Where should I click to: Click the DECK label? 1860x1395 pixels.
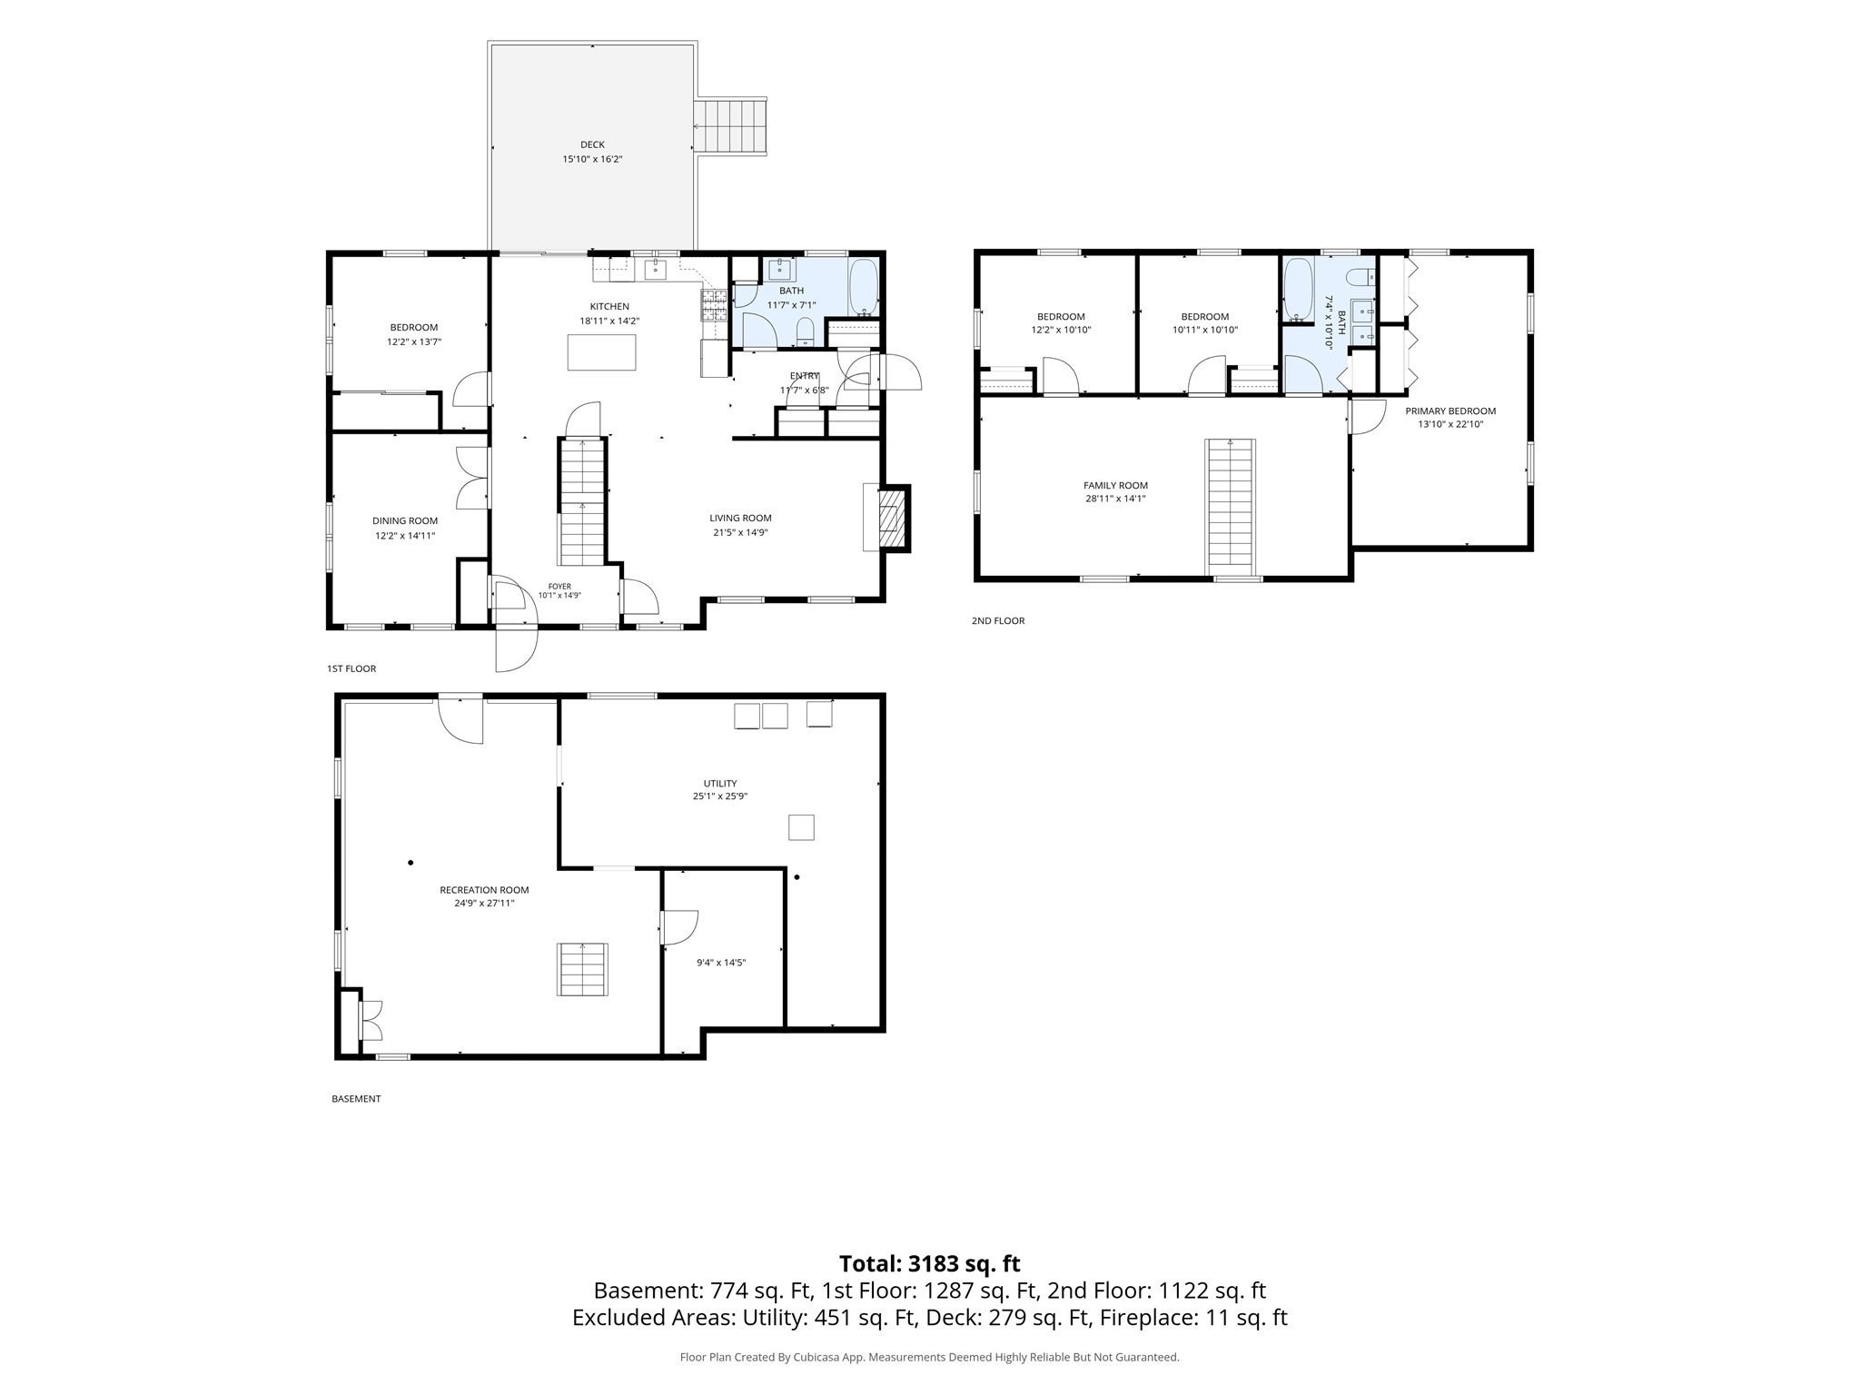tap(592, 144)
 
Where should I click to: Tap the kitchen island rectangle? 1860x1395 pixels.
tap(601, 352)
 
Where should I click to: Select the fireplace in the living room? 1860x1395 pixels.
tap(886, 519)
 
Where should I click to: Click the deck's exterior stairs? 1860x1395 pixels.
tap(731, 126)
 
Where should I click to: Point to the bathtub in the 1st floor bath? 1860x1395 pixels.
tap(863, 288)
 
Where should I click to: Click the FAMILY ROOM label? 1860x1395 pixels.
tap(1115, 486)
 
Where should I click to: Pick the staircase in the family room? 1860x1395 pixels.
tap(1231, 508)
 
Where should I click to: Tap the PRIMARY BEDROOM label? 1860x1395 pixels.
tap(1450, 411)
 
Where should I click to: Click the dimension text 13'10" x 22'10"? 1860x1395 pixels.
tap(1450, 424)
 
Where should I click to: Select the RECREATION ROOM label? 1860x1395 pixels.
tap(484, 890)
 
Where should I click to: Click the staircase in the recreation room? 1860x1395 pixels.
tap(582, 969)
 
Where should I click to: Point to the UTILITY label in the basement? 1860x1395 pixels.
tap(720, 783)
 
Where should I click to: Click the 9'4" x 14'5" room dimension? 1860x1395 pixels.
tap(721, 963)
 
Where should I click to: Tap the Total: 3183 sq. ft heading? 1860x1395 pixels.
tap(929, 1263)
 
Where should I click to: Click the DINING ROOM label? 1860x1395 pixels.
tap(405, 521)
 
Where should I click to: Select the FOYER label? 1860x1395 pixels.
tap(559, 587)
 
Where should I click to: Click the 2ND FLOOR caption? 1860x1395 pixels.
tap(998, 621)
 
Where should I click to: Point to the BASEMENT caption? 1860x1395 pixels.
tap(356, 1099)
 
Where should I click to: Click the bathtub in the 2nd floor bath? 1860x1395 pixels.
tap(1298, 291)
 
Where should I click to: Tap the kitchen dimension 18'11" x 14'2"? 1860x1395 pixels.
tap(609, 321)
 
